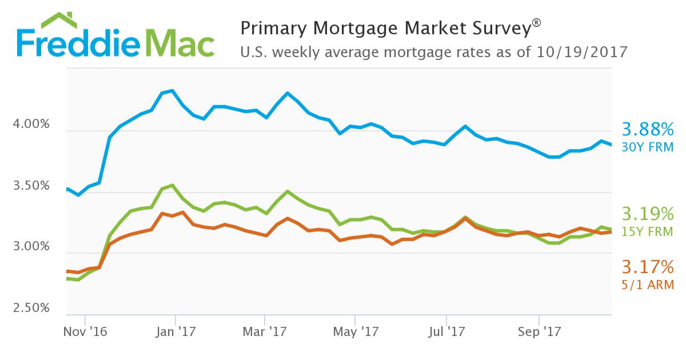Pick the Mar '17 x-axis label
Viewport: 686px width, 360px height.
point(265,331)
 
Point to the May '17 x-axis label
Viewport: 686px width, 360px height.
point(355,331)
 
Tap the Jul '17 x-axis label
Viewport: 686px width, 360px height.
point(445,331)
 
